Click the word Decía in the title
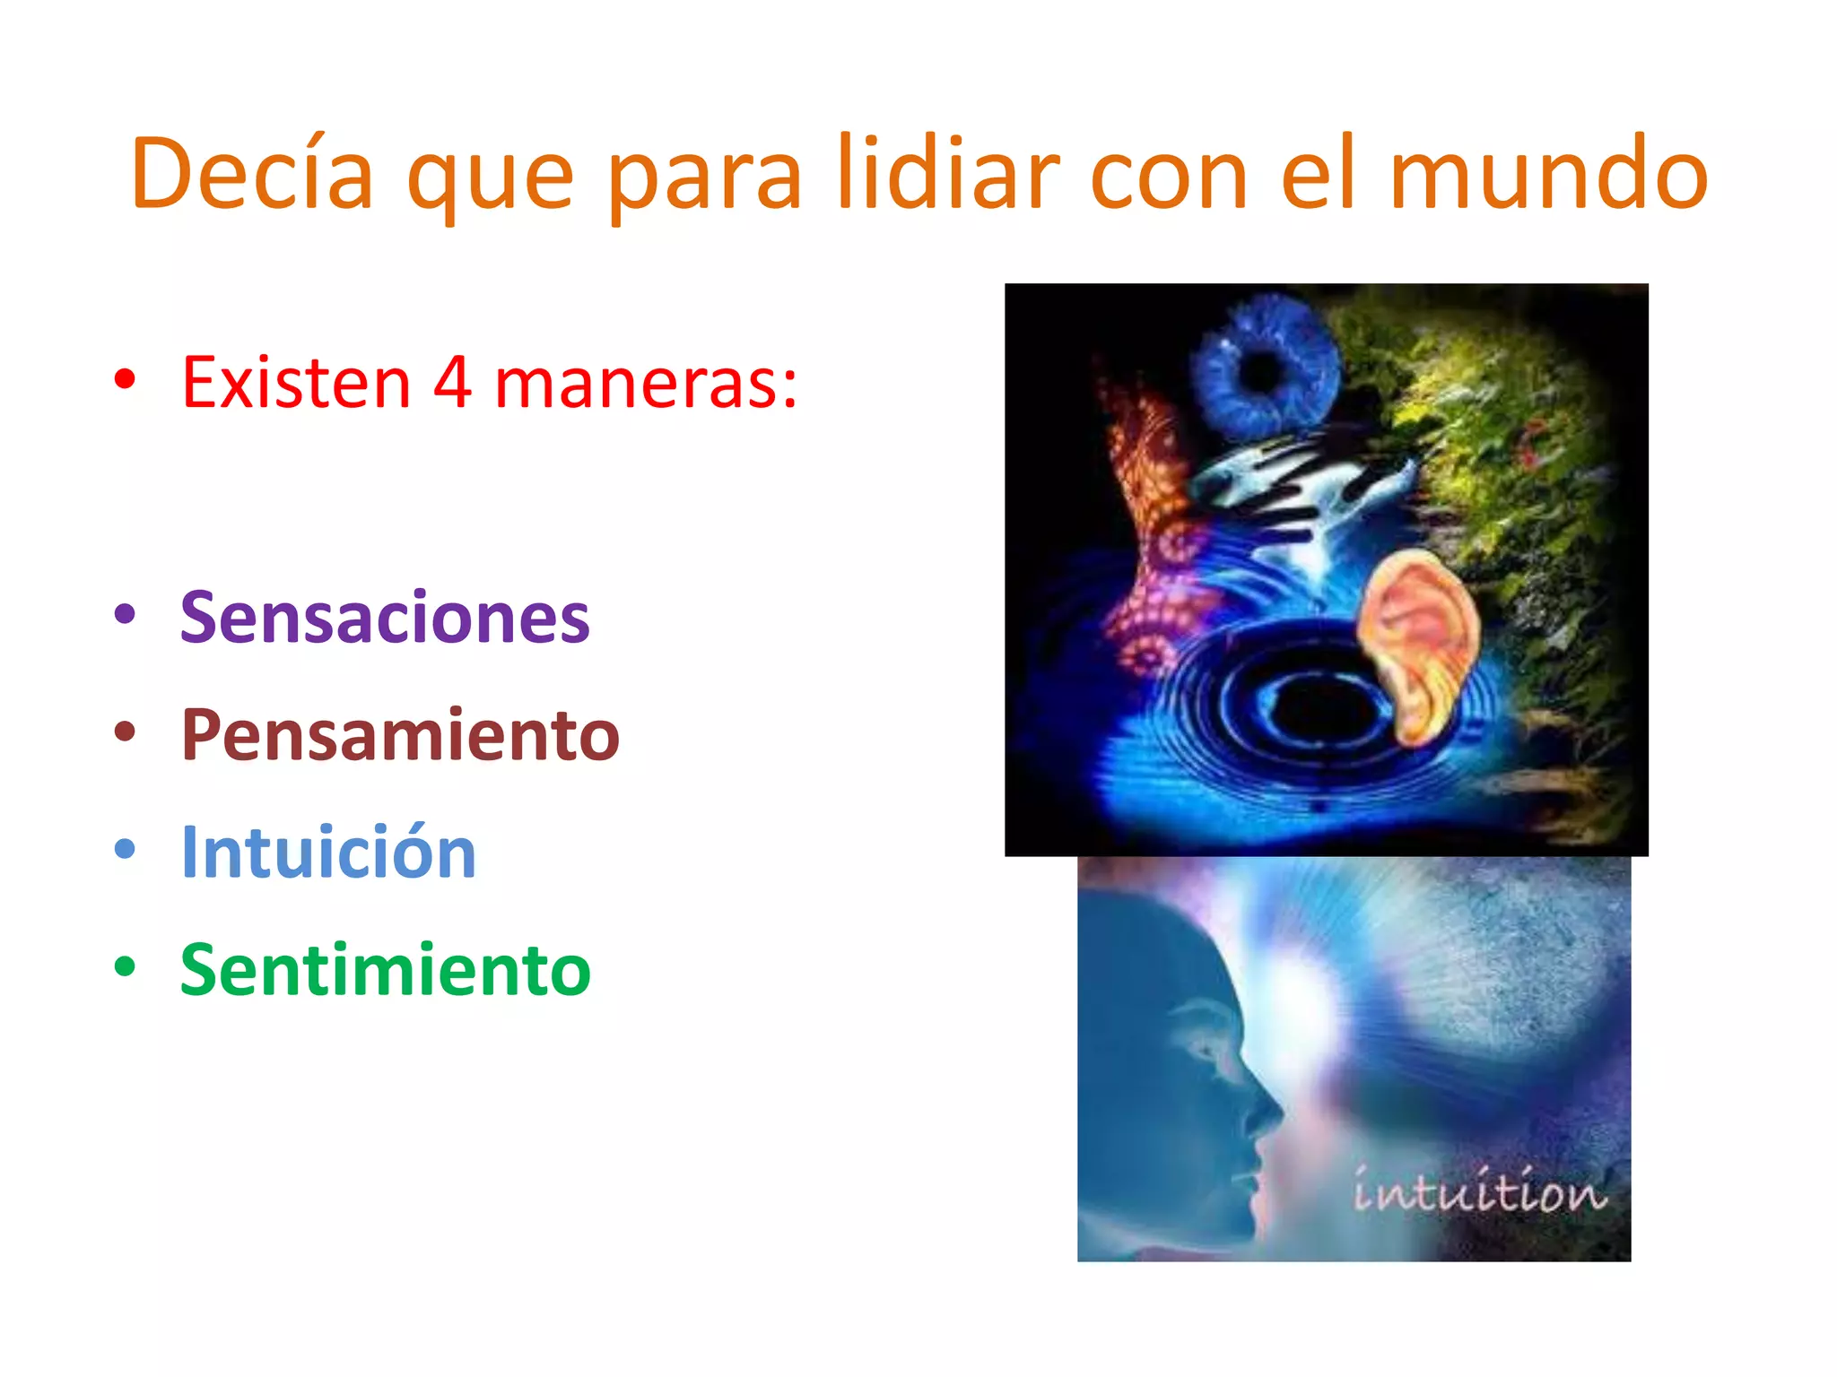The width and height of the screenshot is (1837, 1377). (252, 174)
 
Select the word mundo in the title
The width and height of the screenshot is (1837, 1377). (1548, 174)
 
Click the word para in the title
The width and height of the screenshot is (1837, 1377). (704, 176)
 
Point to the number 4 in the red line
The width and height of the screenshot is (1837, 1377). (453, 383)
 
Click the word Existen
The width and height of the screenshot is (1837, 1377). (296, 383)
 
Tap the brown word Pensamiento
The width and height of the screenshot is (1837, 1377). (400, 734)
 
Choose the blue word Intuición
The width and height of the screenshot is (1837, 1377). (328, 852)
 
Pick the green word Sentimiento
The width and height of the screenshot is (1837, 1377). (386, 969)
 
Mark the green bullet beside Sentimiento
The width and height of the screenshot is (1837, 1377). (125, 966)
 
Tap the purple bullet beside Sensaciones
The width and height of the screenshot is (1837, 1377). (125, 614)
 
